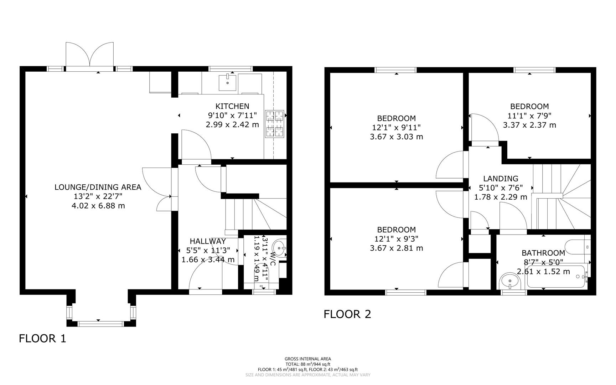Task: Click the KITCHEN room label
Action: pos(232,106)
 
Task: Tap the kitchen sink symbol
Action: pos(228,80)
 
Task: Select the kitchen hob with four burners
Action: pos(274,124)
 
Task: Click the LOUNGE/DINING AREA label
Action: pos(98,187)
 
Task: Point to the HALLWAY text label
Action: pos(208,241)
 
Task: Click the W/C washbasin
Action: pos(280,247)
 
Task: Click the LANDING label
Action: pos(501,179)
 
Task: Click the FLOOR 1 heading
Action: pos(42,338)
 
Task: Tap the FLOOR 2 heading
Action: pos(347,314)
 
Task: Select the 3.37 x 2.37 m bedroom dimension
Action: pos(529,125)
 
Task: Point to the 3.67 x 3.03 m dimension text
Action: pos(396,137)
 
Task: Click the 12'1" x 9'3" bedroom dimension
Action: pos(396,239)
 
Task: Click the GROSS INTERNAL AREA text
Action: pos(307,359)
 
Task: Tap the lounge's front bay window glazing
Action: pos(101,324)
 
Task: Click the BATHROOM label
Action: pos(543,253)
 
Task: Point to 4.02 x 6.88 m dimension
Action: pos(98,206)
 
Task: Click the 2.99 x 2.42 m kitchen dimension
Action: pos(232,125)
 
